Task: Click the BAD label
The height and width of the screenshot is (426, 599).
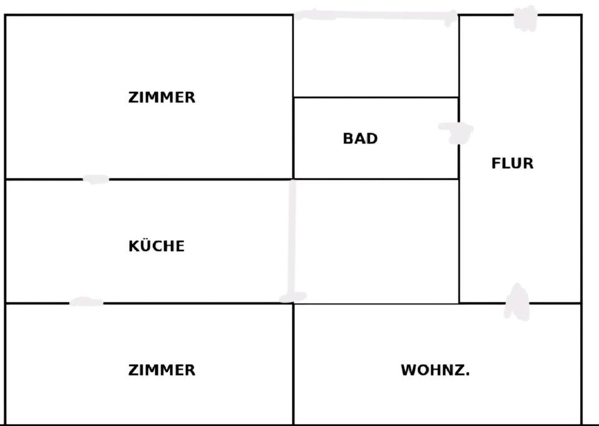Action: (x=360, y=138)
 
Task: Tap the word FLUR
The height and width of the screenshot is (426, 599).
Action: (x=512, y=164)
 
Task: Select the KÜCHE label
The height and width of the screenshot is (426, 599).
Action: (x=157, y=245)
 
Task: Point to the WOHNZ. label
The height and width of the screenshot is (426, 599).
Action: (x=435, y=370)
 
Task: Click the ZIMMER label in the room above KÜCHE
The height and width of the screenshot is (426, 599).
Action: (x=162, y=97)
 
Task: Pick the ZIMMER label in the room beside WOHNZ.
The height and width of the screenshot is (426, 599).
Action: (x=162, y=370)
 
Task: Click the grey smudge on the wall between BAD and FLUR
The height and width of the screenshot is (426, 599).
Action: (x=457, y=131)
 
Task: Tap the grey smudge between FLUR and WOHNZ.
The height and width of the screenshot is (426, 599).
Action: (x=517, y=302)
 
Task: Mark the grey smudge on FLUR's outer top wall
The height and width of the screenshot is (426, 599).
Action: (x=525, y=17)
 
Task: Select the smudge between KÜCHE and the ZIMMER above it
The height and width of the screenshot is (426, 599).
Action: (x=95, y=179)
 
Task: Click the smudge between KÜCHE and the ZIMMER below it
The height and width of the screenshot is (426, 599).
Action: (x=86, y=302)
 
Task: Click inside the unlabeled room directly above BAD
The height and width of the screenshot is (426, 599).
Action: (x=376, y=56)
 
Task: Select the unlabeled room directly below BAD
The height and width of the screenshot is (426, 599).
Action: (x=376, y=240)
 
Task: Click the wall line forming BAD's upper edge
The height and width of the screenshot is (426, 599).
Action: (x=376, y=97)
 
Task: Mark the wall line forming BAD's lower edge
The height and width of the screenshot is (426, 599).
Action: (x=376, y=179)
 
